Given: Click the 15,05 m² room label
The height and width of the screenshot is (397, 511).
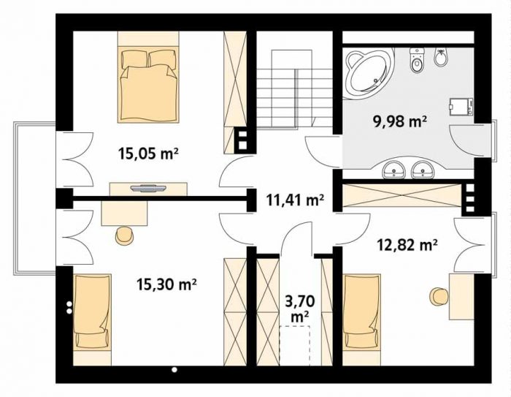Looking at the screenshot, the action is point(148,154).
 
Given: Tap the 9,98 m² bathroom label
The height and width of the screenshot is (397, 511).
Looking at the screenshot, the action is point(400,121).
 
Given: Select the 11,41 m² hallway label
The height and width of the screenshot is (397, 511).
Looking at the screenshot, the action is point(295,200).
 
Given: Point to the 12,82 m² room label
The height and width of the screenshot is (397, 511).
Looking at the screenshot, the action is point(407,244).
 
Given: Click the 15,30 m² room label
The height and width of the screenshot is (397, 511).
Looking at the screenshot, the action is point(166,284).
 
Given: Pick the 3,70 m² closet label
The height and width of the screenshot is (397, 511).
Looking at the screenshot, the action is point(300,309).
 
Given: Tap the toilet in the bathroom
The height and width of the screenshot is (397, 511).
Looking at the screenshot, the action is point(417,61).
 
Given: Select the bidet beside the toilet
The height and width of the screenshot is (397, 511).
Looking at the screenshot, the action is point(441,58).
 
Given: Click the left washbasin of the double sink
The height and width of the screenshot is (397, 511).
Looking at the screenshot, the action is point(394,169).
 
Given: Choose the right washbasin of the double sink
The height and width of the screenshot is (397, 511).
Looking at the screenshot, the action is point(423,169).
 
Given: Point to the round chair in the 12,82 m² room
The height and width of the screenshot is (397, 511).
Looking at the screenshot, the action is point(439,297).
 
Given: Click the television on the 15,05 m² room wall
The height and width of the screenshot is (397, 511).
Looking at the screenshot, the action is point(148,189).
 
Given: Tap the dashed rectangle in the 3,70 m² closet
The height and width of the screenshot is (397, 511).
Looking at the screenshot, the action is point(295,346).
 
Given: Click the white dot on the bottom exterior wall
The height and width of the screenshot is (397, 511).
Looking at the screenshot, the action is point(174,370).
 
